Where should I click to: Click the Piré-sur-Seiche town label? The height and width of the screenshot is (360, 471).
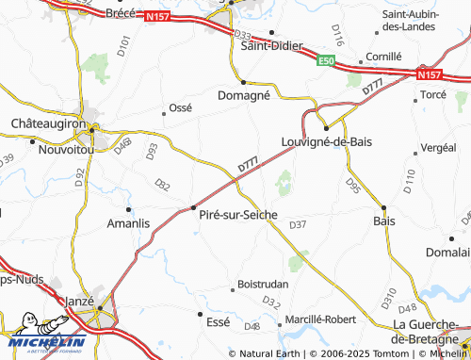pyautogui.click(x=237, y=215)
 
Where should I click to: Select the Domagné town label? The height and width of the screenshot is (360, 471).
pyautogui.click(x=244, y=95)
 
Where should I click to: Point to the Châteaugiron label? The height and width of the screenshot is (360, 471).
pyautogui.click(x=48, y=123)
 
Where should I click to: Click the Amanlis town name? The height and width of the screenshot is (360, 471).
pyautogui.click(x=129, y=222)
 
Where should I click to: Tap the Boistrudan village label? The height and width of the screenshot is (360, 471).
pyautogui.click(x=263, y=283)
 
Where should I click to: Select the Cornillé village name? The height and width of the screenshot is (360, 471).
pyautogui.click(x=383, y=57)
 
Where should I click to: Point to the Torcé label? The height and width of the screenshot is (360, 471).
pyautogui.click(x=432, y=95)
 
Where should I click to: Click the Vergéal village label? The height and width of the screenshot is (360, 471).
pyautogui.click(x=437, y=147)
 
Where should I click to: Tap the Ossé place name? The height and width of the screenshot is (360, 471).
pyautogui.click(x=179, y=107)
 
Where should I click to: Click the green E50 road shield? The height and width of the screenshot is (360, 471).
pyautogui.click(x=326, y=61)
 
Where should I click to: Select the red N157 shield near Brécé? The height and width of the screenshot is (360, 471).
pyautogui.click(x=155, y=16)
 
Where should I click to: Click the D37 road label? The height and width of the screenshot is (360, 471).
pyautogui.click(x=298, y=223)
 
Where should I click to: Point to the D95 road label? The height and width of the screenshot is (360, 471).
pyautogui.click(x=353, y=186)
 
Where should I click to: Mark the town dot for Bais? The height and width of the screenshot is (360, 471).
pyautogui.click(x=383, y=207)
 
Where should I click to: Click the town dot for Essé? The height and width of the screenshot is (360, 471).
pyautogui.click(x=200, y=312)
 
